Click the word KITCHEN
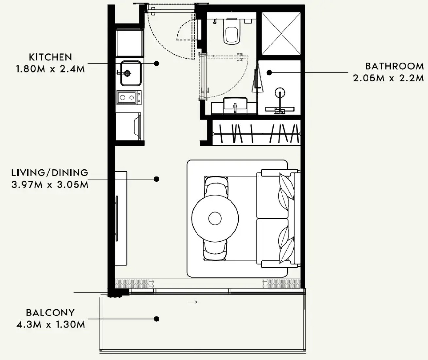tap(50, 57)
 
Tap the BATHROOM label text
tap(395, 66)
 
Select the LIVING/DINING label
tap(50, 173)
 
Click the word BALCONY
tap(50, 313)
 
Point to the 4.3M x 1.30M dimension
tap(51, 325)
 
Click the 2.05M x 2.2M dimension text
tap(388, 78)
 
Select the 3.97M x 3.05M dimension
tap(50, 185)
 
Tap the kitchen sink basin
tap(131, 73)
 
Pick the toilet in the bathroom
tap(232, 31)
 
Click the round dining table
tap(215, 218)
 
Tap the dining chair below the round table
tap(215, 250)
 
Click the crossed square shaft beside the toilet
tap(281, 34)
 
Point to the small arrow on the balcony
tap(192, 302)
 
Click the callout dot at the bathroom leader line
tap(269, 72)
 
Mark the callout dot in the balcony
tap(156, 319)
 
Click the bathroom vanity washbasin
tap(235, 105)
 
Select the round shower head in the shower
tap(280, 92)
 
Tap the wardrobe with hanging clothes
tap(256, 133)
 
